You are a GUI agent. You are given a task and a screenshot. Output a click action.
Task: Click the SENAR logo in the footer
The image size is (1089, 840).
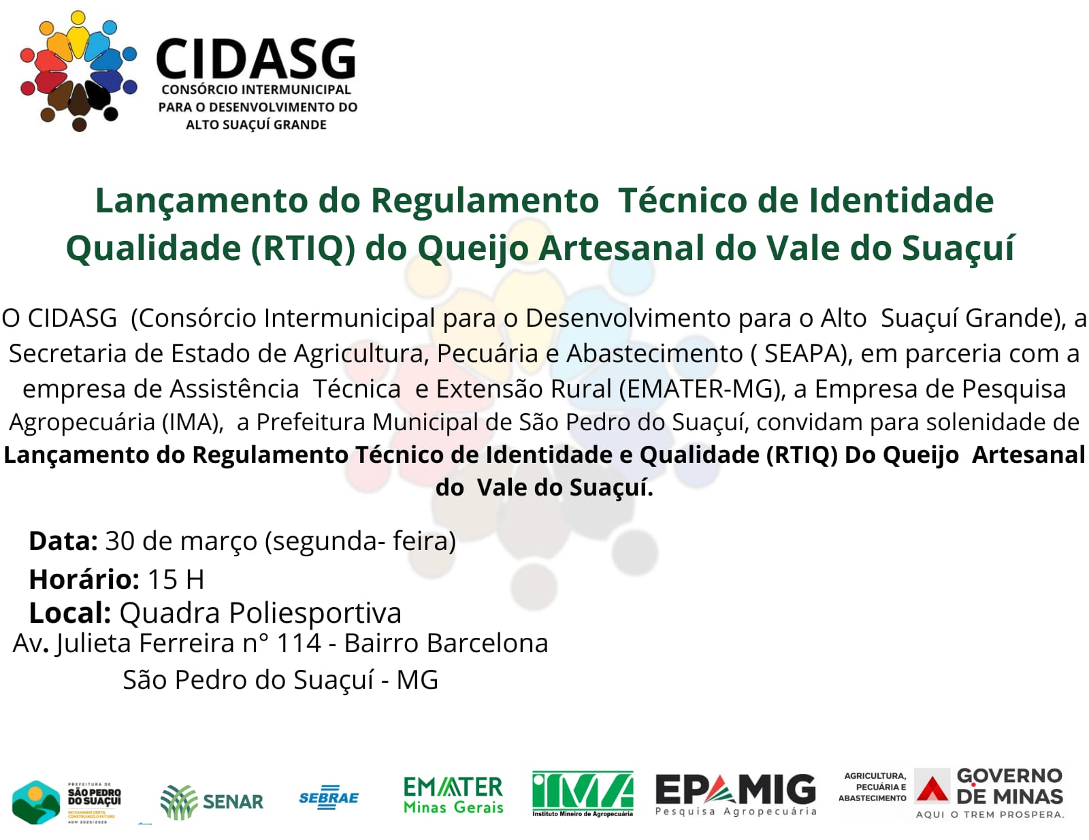[212, 801]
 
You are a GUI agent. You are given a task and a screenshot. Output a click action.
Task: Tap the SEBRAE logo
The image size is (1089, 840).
[329, 798]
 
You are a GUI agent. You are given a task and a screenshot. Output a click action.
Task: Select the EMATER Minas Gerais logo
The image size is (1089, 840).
[453, 795]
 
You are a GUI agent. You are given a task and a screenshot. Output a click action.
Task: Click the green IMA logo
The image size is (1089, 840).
[583, 793]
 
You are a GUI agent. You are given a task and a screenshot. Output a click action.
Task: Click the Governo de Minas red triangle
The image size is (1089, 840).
[932, 789]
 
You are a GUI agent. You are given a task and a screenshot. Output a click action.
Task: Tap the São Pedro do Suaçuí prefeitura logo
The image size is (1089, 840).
[67, 802]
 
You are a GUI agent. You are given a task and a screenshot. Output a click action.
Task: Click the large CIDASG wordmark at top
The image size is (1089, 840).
[256, 59]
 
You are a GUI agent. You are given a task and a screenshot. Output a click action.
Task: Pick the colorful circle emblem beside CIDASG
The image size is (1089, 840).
[78, 70]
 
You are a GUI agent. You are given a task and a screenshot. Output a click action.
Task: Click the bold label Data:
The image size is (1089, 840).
[63, 541]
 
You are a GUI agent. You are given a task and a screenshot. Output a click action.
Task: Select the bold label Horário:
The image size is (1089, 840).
[84, 579]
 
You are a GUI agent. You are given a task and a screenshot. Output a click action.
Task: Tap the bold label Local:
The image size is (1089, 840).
[69, 613]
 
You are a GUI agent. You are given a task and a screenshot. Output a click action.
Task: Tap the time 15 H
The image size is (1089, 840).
[176, 579]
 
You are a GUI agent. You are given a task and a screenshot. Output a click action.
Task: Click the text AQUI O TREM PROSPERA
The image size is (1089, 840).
[990, 814]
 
